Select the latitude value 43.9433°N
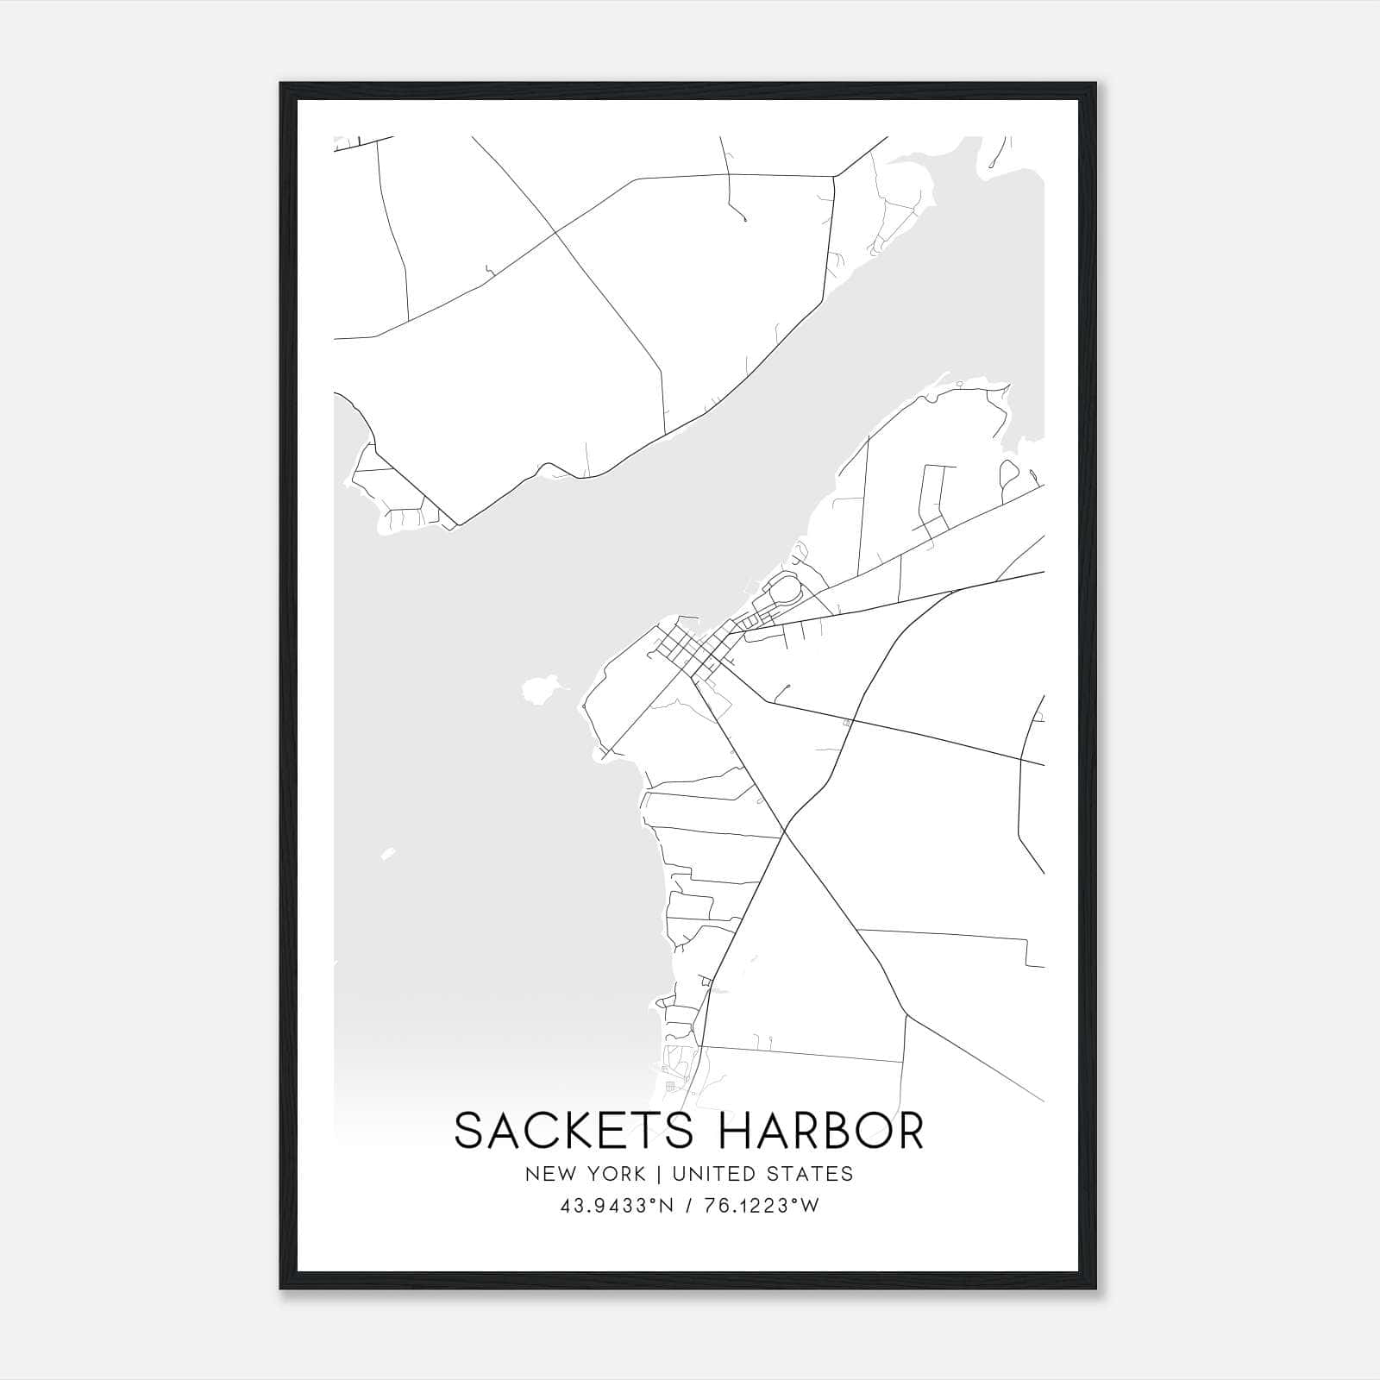pos(616,1206)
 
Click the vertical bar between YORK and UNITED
pos(659,1174)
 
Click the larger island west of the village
pos(541,689)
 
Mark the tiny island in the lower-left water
pos(388,854)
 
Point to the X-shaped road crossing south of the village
pos(785,832)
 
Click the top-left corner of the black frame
pos(281,84)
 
